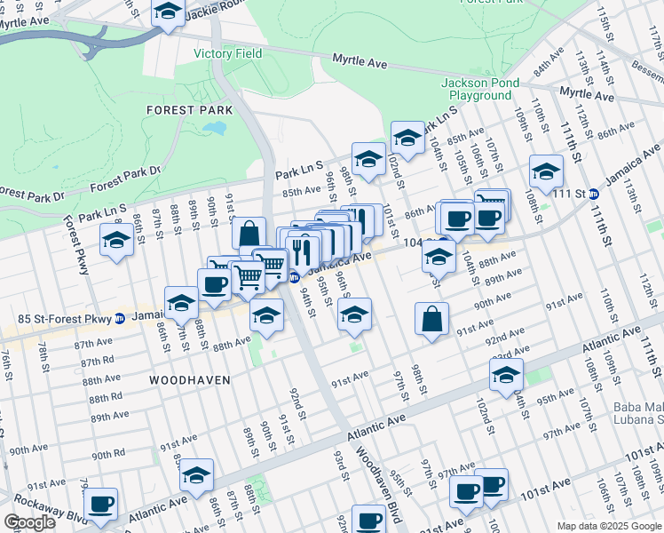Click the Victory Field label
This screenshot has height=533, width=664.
click(228, 53)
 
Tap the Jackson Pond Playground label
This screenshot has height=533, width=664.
click(479, 89)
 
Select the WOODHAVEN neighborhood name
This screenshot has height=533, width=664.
click(190, 380)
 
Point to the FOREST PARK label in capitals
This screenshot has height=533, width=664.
click(190, 110)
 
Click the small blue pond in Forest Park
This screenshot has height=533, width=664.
click(214, 128)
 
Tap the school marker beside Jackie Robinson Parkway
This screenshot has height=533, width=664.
click(167, 12)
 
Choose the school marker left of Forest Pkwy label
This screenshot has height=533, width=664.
click(115, 239)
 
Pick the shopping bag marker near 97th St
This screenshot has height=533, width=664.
click(431, 319)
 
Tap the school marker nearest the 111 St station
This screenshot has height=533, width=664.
click(546, 171)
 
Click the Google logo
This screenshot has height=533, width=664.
click(30, 522)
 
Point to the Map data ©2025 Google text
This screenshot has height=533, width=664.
click(608, 526)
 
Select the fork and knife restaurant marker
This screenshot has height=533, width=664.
click(300, 251)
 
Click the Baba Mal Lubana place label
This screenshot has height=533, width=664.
click(637, 414)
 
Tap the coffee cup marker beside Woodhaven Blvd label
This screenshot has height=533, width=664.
click(368, 520)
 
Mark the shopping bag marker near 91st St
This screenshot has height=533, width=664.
click(249, 235)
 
